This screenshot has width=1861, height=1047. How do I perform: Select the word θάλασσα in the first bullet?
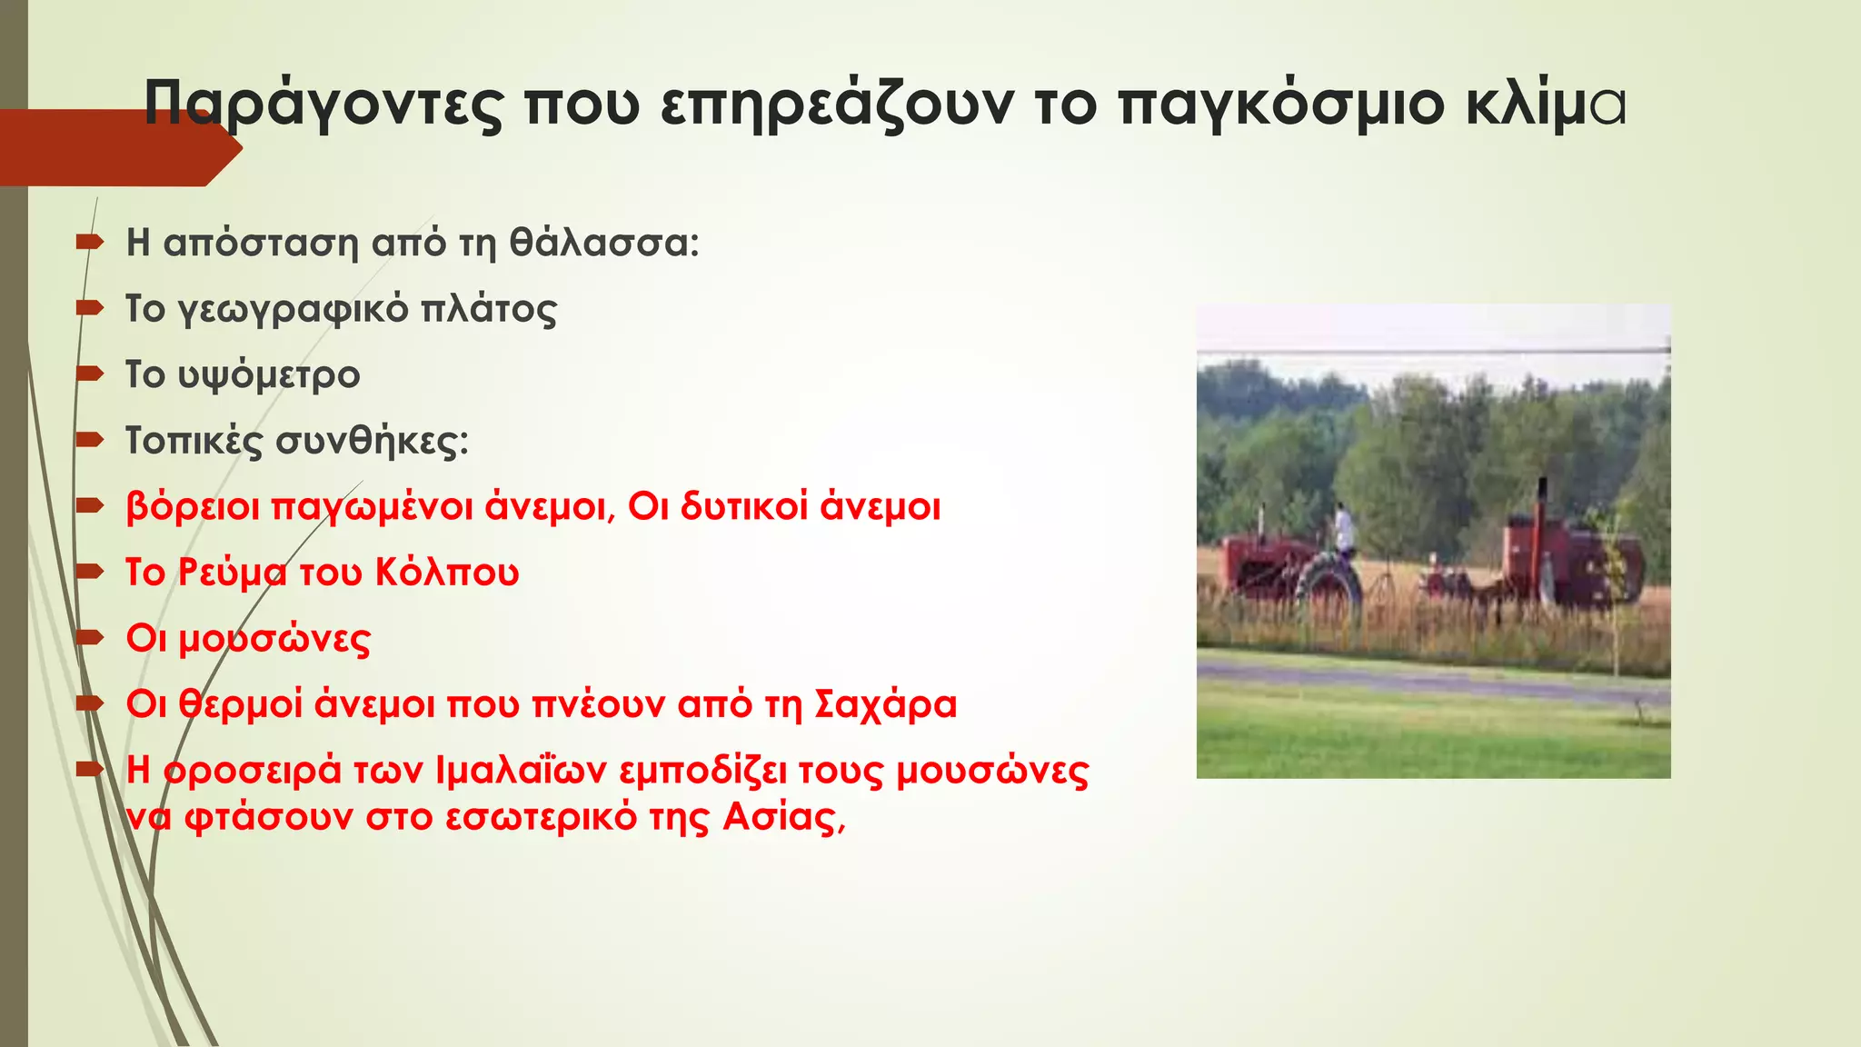(x=604, y=243)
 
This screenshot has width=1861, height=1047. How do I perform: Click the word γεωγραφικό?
(x=293, y=310)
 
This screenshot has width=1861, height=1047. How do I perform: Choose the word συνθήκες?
(x=373, y=442)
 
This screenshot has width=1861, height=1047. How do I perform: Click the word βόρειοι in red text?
(x=193, y=507)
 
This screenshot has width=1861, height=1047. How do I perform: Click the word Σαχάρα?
(x=885, y=704)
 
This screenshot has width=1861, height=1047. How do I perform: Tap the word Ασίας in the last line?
(x=784, y=817)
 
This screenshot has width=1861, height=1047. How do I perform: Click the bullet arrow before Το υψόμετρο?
(x=90, y=374)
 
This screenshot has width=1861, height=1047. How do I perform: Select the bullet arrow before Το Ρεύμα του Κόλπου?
(x=90, y=572)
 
